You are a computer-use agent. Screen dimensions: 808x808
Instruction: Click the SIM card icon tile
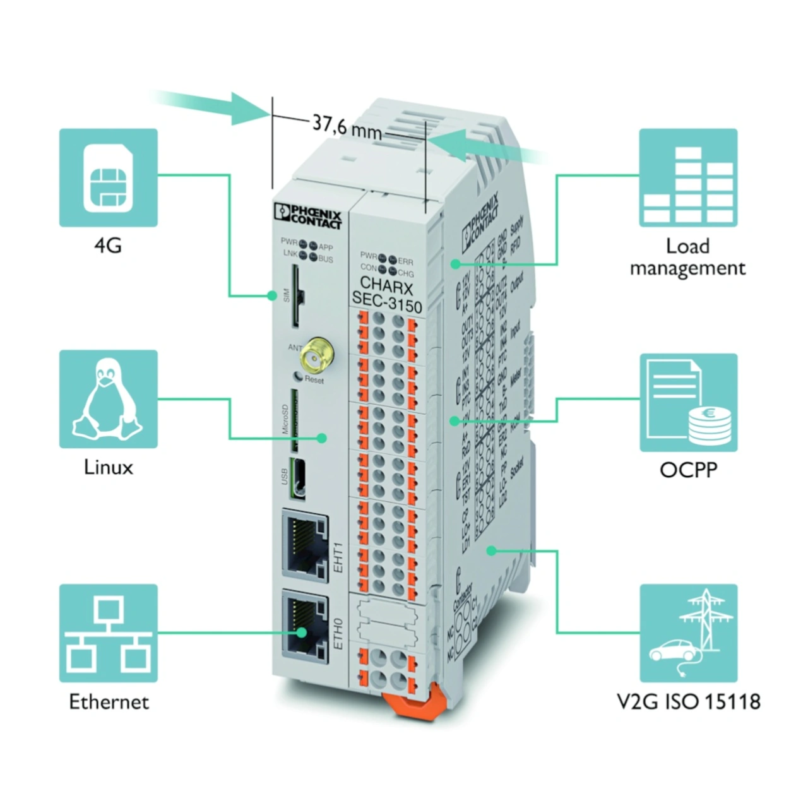point(108,177)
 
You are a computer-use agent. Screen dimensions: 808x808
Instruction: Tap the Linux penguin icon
point(108,399)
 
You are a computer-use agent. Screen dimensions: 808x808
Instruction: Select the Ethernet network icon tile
point(108,633)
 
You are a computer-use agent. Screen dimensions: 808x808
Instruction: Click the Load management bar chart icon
point(688,177)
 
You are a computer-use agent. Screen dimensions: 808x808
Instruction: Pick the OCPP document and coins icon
point(688,403)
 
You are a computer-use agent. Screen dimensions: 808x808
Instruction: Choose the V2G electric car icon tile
point(688,633)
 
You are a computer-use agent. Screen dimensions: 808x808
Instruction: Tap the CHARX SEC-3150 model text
point(386,294)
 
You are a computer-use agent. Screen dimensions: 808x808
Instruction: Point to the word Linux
point(109,468)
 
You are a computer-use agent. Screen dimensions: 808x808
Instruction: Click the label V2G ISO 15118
point(688,701)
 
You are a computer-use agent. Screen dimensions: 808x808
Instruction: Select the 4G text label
point(107,245)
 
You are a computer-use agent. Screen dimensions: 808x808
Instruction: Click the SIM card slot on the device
point(295,295)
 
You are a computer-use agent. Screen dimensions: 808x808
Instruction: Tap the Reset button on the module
point(298,377)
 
